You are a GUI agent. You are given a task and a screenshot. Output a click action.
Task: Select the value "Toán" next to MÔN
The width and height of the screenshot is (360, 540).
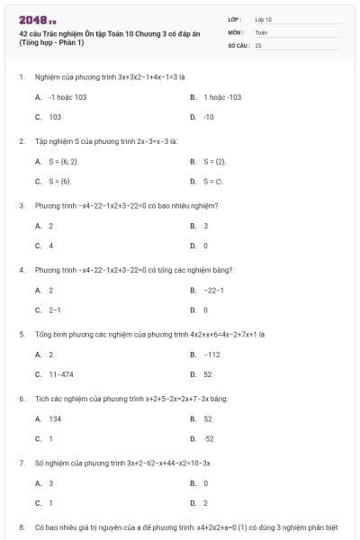pyautogui.click(x=262, y=31)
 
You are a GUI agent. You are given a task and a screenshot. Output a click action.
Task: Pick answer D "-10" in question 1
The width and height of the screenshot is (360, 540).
pyautogui.click(x=209, y=117)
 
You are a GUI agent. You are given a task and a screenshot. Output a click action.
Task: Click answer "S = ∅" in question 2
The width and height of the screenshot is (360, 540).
pyautogui.click(x=212, y=181)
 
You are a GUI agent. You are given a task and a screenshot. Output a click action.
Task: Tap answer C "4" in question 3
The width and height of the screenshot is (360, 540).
pyautogui.click(x=51, y=245)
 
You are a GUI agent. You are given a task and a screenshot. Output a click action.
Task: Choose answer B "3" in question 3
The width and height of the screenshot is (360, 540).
pyautogui.click(x=206, y=226)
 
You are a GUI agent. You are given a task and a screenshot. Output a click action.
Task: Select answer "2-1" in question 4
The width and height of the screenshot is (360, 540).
pyautogui.click(x=55, y=310)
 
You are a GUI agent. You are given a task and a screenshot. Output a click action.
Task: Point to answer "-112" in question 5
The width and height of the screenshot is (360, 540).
pyautogui.click(x=212, y=354)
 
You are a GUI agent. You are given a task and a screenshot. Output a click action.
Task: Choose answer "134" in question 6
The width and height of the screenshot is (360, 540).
pyautogui.click(x=55, y=418)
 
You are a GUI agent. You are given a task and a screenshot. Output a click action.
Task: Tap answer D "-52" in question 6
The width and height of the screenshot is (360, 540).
pyautogui.click(x=209, y=438)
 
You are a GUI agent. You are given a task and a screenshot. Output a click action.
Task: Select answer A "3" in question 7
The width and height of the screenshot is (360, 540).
pyautogui.click(x=51, y=483)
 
